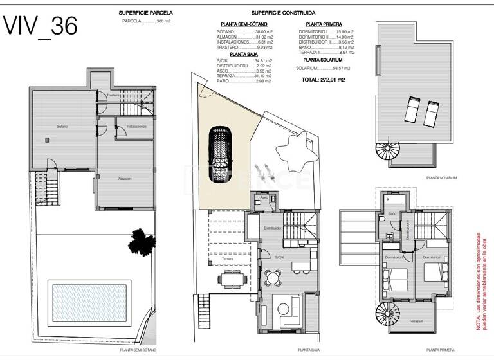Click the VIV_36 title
tap(41, 26)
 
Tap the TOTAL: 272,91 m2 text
tap(323, 80)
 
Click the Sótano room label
tap(62, 126)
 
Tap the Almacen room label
tap(125, 179)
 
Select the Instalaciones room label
tap(136, 127)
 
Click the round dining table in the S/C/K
tap(274, 278)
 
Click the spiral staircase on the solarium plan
tap(387, 153)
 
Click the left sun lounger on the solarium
tap(412, 108)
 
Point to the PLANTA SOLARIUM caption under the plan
tap(443, 178)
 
